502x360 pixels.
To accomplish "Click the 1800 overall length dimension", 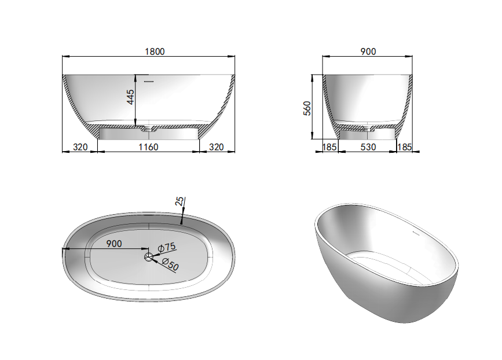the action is point(155,52).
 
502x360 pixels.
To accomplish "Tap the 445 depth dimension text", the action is point(131,97).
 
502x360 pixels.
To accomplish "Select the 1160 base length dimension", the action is point(148,147).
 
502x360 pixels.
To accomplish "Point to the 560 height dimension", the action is point(307,108).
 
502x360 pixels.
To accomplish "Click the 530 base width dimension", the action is point(368,147).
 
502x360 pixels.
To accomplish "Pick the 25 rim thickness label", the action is point(179,201).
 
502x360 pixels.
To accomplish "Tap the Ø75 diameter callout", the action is point(167,247).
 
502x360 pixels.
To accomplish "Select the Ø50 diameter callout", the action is point(170,264).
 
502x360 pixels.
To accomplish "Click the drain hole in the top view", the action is point(149,256).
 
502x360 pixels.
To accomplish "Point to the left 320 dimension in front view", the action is point(80,147).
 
